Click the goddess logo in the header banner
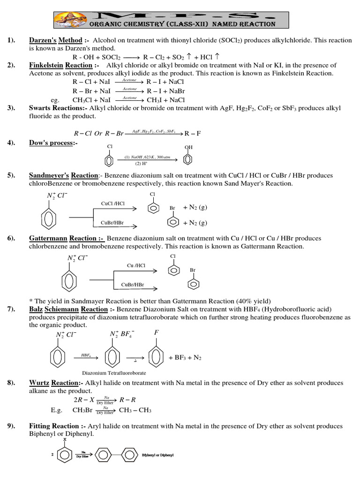pos(67,20)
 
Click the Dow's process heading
pos(52,142)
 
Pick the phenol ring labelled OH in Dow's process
pos(188,159)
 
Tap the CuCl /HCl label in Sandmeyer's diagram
pos(113,203)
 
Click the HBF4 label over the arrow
pos(86,355)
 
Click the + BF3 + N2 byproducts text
pos(185,358)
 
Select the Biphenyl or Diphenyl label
pos(157,455)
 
